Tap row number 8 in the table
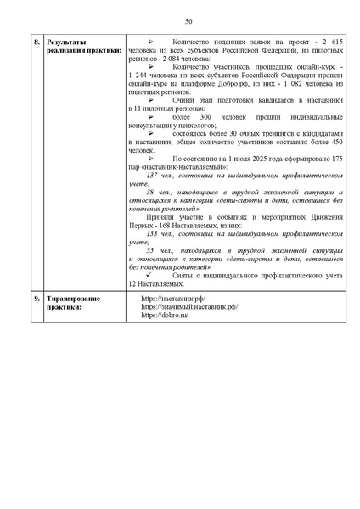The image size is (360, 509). [37, 41]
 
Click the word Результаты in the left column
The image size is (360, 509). [67, 41]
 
